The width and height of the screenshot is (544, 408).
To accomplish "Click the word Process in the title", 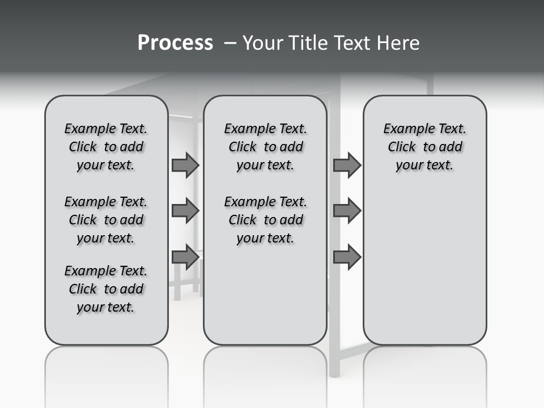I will [x=175, y=43].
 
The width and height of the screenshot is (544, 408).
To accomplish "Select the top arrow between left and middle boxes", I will [x=185, y=165].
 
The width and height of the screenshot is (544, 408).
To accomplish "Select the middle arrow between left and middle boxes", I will [x=185, y=211].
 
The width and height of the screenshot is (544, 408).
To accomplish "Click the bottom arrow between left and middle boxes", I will [x=185, y=257].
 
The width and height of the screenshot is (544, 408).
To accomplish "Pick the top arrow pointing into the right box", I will [x=347, y=165].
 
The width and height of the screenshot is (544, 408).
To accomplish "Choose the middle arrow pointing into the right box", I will [x=347, y=211].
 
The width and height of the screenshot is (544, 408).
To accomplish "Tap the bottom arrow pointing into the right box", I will [x=347, y=257].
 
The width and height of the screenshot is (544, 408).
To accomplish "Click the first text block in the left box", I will [x=106, y=147].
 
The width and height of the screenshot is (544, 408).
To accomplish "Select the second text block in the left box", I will [x=106, y=220].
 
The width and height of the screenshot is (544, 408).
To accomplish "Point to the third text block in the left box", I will [x=106, y=289].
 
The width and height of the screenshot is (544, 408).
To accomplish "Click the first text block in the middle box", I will [x=265, y=147].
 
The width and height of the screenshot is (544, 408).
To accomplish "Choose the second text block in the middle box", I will [x=265, y=220].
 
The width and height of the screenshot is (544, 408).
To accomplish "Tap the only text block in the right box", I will [x=424, y=147].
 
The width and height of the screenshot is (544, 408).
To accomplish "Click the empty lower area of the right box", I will [x=424, y=266].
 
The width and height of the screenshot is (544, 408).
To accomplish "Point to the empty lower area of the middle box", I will [x=265, y=300].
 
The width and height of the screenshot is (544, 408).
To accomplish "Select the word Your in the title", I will [x=263, y=43].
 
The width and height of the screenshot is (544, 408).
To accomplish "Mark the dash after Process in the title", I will [x=230, y=43].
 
